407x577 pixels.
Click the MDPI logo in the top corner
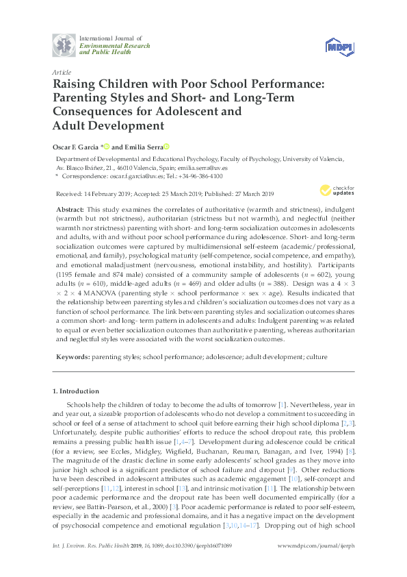click(339, 45)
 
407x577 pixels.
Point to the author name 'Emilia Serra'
click(143, 147)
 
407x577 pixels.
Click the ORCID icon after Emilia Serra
click(166, 147)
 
